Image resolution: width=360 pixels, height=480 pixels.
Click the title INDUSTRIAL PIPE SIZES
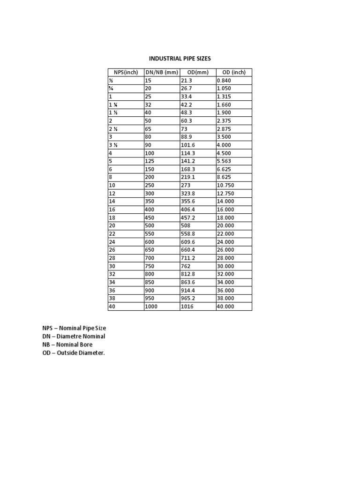coord(180,59)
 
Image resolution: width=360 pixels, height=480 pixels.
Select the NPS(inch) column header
coord(126,72)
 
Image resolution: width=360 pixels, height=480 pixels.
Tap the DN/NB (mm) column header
coord(162,72)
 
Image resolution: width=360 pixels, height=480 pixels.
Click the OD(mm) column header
coord(198,72)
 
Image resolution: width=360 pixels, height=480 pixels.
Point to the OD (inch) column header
coord(233,72)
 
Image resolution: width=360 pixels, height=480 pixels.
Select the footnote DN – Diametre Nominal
coord(74,337)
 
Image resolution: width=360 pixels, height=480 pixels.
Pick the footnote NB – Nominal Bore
coord(67,345)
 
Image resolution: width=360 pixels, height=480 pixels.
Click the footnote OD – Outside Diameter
coord(74,353)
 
